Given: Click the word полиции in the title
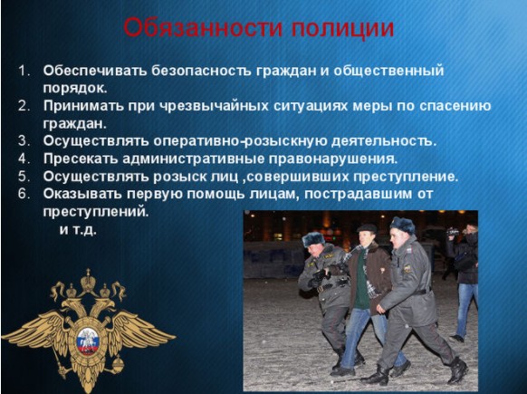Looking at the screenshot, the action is coord(342,29).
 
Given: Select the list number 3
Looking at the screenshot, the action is coord(24,141).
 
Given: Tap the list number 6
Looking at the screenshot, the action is coord(24,194).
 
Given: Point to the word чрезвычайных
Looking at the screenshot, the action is coord(214,106).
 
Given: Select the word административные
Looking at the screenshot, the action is coord(193,159).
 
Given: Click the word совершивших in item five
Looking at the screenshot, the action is coord(298,177).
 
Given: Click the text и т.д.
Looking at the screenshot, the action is coord(78,230).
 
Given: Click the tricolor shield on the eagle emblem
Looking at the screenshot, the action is coord(88,341).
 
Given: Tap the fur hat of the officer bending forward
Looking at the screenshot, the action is coord(313,239).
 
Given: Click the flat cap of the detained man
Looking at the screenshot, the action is coord(367,228).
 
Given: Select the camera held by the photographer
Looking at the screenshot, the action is coord(453,232).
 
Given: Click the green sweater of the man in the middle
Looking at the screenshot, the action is coord(361,283).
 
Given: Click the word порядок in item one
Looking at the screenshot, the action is coord(75,88).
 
